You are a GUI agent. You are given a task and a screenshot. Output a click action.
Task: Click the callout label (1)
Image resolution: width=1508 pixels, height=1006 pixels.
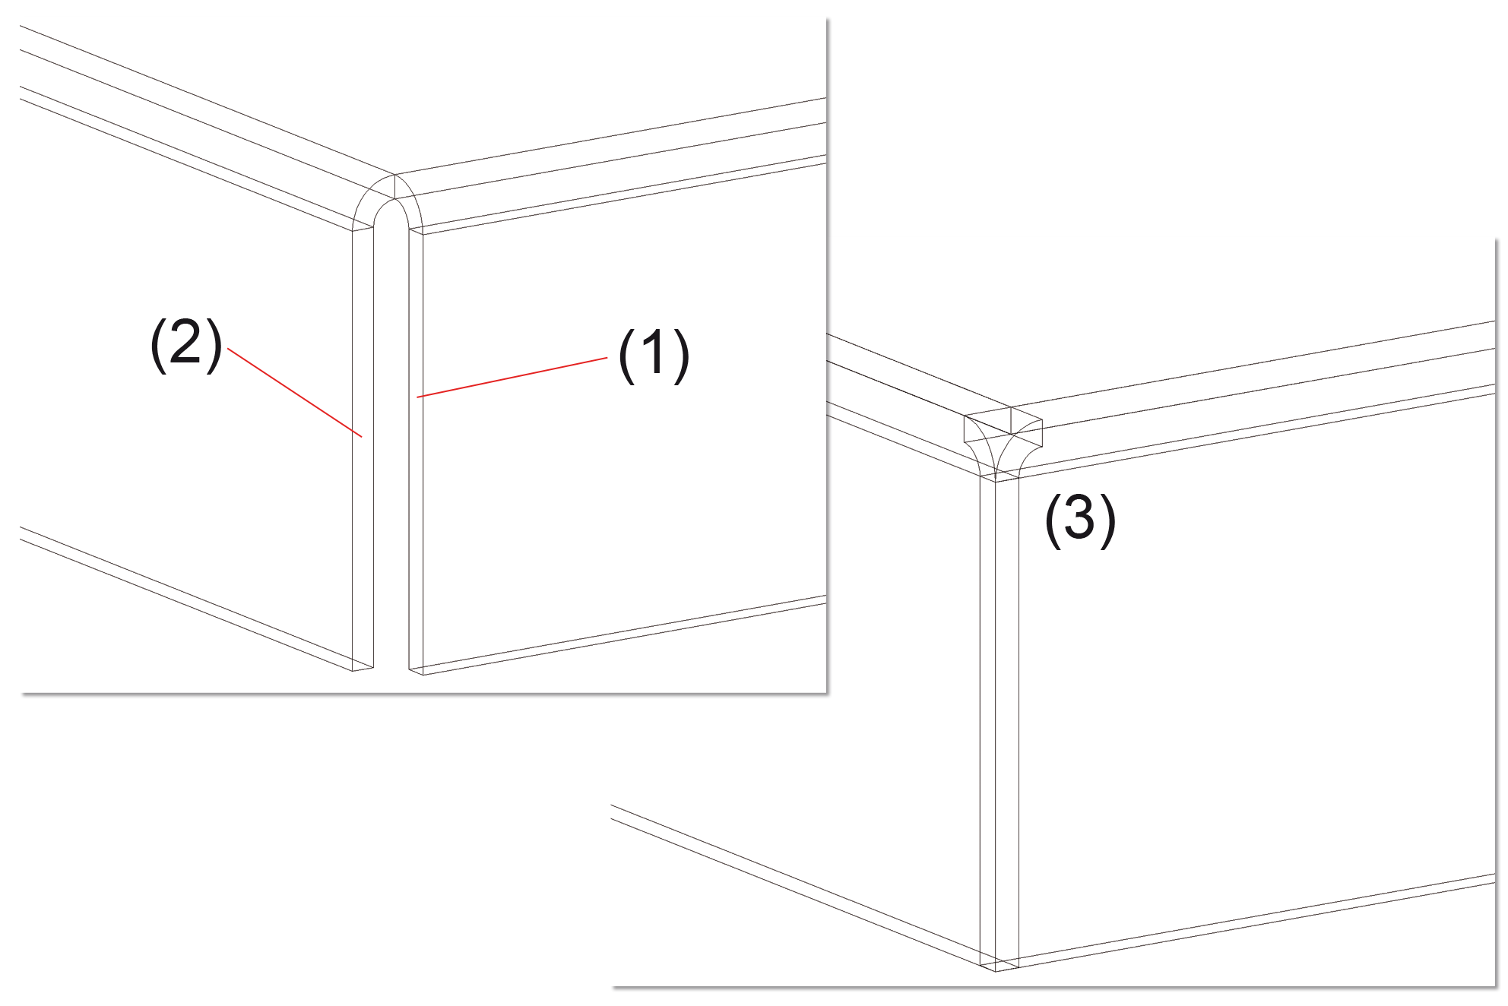click(654, 356)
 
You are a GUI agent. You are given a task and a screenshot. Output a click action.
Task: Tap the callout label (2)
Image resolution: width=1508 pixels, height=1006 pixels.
click(186, 344)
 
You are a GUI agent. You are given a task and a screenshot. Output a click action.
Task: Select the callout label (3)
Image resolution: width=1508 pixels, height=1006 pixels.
click(1080, 519)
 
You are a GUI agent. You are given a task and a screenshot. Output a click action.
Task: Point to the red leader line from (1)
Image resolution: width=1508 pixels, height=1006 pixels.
click(512, 377)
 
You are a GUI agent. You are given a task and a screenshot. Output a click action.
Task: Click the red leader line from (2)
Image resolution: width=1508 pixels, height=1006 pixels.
click(295, 393)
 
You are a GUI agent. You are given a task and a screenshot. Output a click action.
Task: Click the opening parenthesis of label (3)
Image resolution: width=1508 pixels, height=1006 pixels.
click(1052, 520)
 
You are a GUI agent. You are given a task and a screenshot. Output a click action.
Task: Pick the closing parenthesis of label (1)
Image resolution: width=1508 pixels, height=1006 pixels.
click(683, 356)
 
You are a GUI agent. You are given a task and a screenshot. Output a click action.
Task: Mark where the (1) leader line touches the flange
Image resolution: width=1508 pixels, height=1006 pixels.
click(417, 397)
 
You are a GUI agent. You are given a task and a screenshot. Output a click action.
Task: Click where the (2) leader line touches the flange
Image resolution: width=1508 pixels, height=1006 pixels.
click(363, 437)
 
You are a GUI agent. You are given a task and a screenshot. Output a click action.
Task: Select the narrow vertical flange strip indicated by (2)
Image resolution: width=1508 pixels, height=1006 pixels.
click(363, 448)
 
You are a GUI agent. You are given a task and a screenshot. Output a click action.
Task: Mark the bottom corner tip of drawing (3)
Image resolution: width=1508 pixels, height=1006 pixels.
click(996, 971)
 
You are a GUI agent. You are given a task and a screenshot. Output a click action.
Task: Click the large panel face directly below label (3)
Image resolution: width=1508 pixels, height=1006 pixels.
click(1254, 684)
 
